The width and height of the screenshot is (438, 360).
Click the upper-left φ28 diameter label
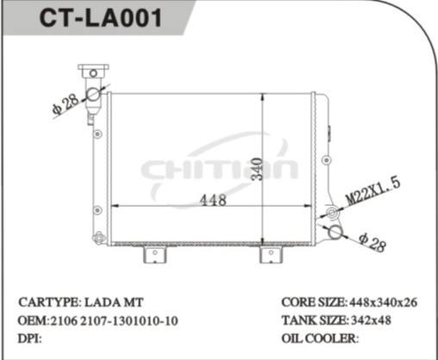coord(66,104)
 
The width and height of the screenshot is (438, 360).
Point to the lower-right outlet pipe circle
coord(335,231)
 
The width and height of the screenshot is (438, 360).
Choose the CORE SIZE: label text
coord(313,303)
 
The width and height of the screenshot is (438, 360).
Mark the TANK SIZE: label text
coord(313,320)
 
